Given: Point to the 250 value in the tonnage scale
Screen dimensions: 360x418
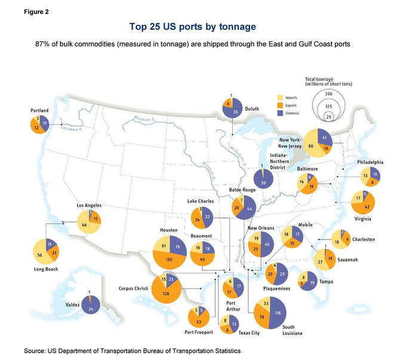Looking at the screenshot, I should [328, 94].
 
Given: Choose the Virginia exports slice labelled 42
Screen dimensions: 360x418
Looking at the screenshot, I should [368, 207].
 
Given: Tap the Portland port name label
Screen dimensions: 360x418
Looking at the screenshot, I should [39, 110].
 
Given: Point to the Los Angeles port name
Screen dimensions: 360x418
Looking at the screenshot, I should [90, 205].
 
